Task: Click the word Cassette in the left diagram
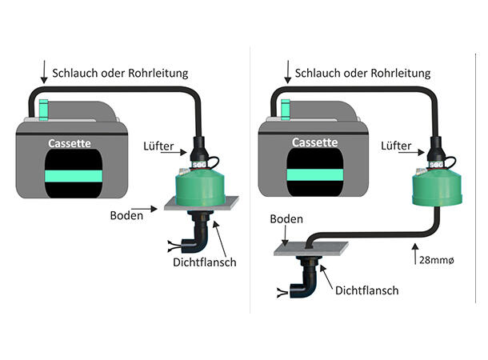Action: pos(70,143)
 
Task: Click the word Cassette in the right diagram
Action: pos(314,142)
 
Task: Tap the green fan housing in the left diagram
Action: pos(200,186)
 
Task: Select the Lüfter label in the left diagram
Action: pos(158,146)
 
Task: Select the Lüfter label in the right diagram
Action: pos(396,146)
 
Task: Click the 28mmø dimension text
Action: pos(436,260)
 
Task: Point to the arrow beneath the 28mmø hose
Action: pos(415,254)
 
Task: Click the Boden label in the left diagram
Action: pos(126,215)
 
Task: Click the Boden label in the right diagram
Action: pos(286,218)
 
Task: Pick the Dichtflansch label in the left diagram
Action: pos(205,262)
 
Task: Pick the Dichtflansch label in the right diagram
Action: pos(366,290)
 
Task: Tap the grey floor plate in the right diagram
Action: pos(311,249)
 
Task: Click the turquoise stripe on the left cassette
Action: pos(74,176)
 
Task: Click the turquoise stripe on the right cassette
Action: pos(315,174)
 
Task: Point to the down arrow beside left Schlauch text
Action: pos(44,72)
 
